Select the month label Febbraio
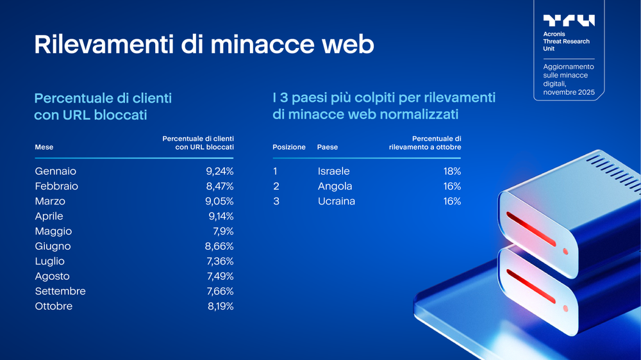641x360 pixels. pos(56,186)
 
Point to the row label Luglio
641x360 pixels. pos(50,261)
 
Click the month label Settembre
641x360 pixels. pos(60,291)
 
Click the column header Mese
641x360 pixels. pos(44,147)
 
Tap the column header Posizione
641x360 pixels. pos(289,147)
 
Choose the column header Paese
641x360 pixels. pos(328,147)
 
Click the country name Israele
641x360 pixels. pos(334,172)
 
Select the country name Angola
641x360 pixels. pos(335,186)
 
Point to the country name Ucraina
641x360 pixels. pos(337,201)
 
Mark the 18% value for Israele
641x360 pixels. pos(452,172)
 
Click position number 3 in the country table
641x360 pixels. pos(276,201)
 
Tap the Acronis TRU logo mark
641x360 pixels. pos(569,20)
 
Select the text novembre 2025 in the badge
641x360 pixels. pos(569,93)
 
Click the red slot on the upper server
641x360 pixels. pos(531,227)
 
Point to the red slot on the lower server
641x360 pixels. pos(531,286)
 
